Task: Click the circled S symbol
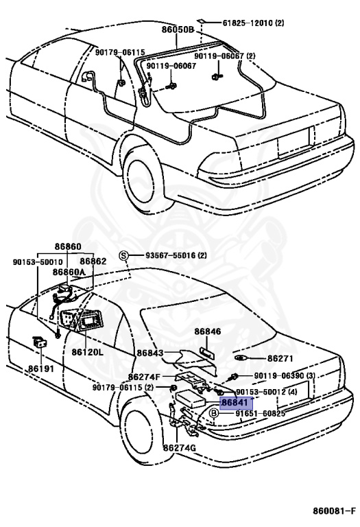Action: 124,255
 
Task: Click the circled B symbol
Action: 214,414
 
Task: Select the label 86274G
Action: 180,448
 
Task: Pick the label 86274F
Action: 145,377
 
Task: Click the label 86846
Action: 207,331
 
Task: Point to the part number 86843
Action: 150,353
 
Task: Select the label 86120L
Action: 87,351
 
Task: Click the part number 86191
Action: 41,368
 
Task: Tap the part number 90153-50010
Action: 37,261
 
